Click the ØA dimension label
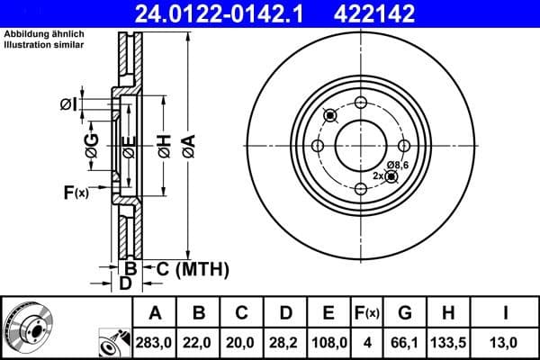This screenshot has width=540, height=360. [x=188, y=144]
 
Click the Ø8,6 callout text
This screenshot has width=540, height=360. [x=399, y=165]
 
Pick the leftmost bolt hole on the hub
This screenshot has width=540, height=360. [x=318, y=146]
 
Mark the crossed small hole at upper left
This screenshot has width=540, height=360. [x=329, y=114]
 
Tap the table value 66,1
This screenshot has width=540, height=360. [x=405, y=343]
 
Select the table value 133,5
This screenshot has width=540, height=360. [x=448, y=343]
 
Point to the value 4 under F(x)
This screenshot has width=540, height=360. [x=368, y=343]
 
